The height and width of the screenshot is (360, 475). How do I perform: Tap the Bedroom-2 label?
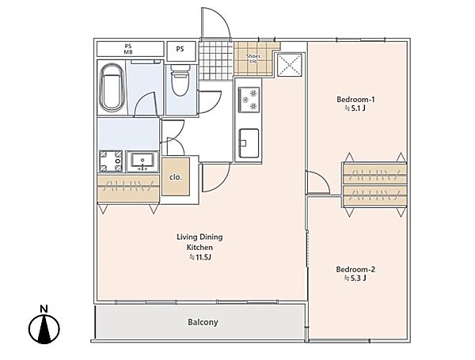click(355, 269)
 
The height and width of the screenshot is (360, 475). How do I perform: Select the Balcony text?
click(203, 322)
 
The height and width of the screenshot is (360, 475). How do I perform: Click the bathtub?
click(112, 88)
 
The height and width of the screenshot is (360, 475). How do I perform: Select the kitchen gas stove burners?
click(249, 100)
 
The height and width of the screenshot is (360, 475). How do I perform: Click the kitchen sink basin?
click(249, 143)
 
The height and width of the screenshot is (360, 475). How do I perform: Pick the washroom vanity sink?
click(142, 161)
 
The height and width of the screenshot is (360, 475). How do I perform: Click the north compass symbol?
click(44, 329)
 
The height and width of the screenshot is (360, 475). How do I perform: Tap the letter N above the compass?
click(44, 309)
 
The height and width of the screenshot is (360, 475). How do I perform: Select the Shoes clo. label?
click(253, 59)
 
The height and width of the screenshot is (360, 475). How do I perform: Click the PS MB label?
click(128, 49)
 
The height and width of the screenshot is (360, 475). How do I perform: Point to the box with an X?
click(290, 65)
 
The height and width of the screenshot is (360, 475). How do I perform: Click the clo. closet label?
click(176, 177)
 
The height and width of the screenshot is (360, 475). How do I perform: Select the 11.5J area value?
click(200, 257)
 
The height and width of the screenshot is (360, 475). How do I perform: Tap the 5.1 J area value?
click(355, 108)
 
